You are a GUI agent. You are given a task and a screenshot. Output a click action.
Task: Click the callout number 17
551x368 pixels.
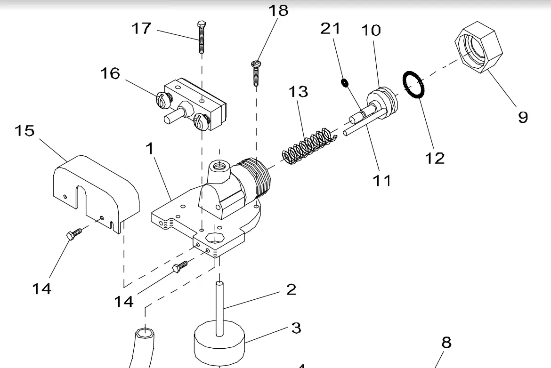click(141, 29)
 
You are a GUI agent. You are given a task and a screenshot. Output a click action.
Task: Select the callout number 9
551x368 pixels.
click(523, 117)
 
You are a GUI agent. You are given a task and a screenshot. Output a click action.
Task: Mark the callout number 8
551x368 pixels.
click(446, 343)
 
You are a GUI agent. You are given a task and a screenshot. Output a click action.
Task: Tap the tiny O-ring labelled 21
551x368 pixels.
click(345, 83)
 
